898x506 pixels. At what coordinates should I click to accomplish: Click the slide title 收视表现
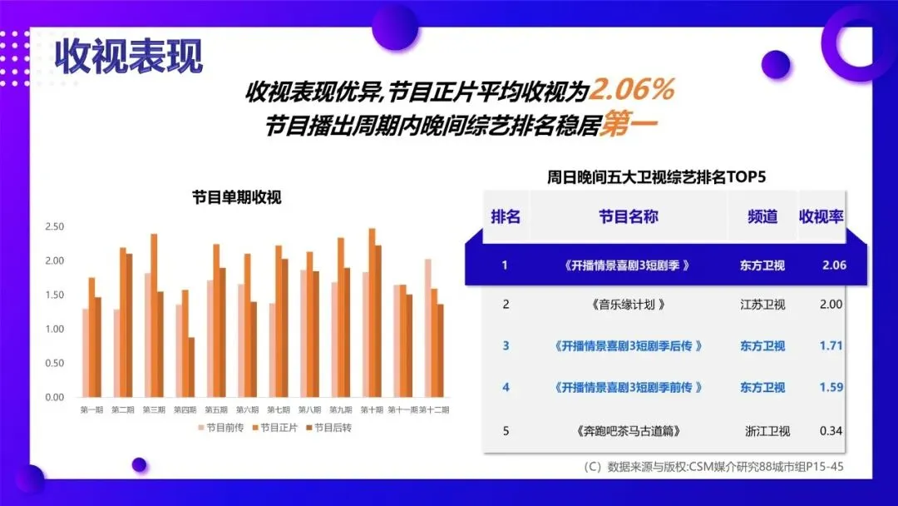(129, 56)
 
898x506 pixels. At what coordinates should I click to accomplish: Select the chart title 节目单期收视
(237, 197)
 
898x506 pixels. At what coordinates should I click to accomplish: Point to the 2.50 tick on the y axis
(55, 226)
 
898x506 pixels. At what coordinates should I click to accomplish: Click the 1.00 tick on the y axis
(55, 329)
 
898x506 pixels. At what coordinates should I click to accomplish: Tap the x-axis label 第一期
(92, 409)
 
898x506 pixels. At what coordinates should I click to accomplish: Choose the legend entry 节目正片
(274, 428)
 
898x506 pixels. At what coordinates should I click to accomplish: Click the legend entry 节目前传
(221, 428)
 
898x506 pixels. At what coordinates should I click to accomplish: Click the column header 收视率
(821, 217)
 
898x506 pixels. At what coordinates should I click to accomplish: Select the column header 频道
(762, 217)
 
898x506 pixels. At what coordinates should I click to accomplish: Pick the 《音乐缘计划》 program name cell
(629, 305)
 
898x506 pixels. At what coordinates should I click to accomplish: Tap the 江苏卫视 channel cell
(762, 305)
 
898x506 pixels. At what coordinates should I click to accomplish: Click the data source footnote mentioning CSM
(714, 467)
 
